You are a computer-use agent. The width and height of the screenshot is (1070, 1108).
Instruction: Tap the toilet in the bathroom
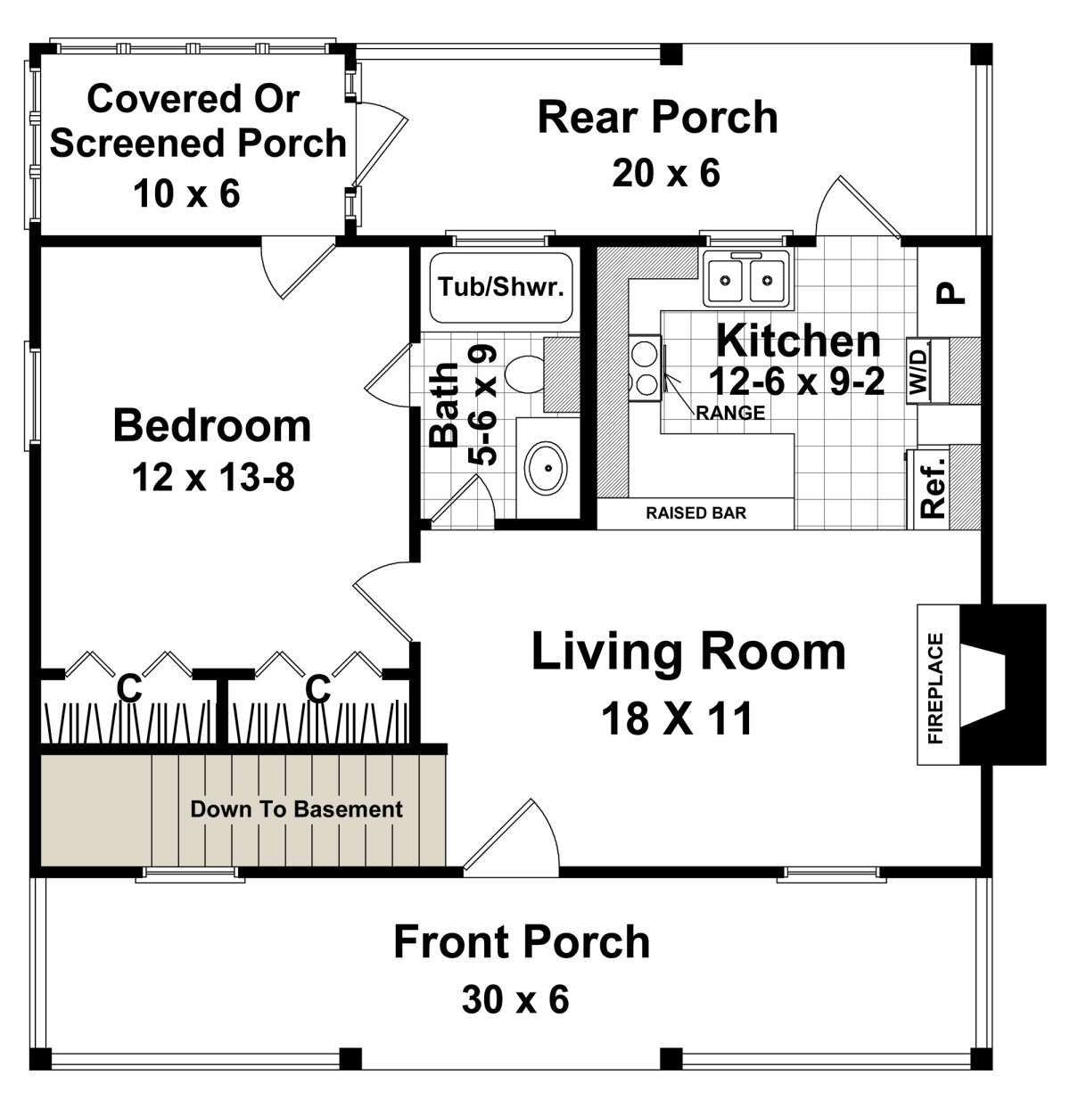pyautogui.click(x=525, y=374)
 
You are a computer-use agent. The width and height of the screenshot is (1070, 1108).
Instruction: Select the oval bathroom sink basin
pyautogui.click(x=546, y=467)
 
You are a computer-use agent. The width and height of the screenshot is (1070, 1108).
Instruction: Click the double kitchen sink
pyautogui.click(x=746, y=279)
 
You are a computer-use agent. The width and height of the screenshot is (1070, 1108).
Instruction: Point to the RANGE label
pyautogui.click(x=730, y=413)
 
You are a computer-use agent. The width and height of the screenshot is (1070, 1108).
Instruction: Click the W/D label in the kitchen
pyautogui.click(x=918, y=371)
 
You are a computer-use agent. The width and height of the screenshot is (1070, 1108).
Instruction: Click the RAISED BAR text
pyautogui.click(x=695, y=513)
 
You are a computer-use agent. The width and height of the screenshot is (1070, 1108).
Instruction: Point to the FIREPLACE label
pyautogui.click(x=935, y=688)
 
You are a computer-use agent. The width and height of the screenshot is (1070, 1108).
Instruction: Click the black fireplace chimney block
pyautogui.click(x=1003, y=684)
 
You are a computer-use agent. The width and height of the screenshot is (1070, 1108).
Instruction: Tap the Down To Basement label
pyautogui.click(x=296, y=809)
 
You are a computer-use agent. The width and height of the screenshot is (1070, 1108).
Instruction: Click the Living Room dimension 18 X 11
pyautogui.click(x=677, y=718)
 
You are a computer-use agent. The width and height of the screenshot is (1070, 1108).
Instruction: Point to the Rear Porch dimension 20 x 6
pyautogui.click(x=666, y=173)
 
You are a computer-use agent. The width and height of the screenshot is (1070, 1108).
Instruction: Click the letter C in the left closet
pyautogui.click(x=129, y=688)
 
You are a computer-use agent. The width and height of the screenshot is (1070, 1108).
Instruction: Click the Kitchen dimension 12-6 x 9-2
pyautogui.click(x=796, y=382)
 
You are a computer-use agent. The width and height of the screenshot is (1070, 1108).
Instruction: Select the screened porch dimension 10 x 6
pyautogui.click(x=186, y=193)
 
